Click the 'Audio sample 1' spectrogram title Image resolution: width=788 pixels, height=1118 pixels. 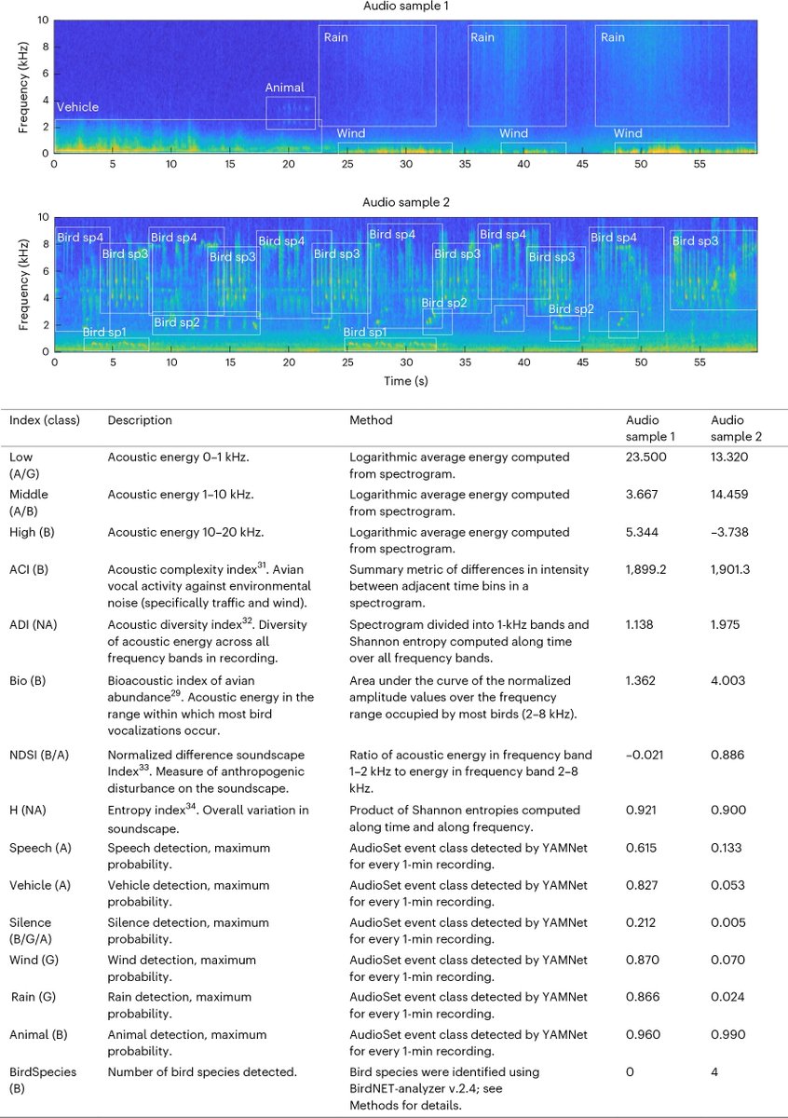[x=405, y=7]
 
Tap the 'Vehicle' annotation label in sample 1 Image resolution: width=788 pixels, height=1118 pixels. [x=77, y=107]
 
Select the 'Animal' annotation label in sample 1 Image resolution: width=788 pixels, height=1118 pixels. [x=284, y=88]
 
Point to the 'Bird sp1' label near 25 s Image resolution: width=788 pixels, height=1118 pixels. [x=365, y=333]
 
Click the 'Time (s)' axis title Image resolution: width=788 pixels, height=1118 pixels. [x=405, y=380]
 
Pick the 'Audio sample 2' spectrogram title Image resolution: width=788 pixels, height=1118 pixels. [x=405, y=202]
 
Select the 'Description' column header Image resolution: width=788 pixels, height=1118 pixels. [x=140, y=420]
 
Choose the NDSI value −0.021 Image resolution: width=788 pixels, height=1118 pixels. [x=645, y=755]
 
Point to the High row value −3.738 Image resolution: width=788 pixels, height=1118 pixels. [x=732, y=532]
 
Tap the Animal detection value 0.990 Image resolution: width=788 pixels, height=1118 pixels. [x=727, y=1034]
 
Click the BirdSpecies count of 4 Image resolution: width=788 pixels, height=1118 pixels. [x=714, y=1072]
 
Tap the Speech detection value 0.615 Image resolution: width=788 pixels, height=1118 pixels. [x=644, y=848]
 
